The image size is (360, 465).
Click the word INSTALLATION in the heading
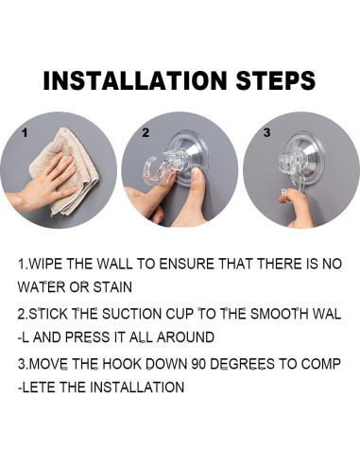click(135, 80)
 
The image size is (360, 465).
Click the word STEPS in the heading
click(276, 80)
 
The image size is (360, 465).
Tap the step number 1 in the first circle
click(25, 133)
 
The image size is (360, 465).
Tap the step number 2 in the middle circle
click(146, 133)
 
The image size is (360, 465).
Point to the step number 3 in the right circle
click(266, 132)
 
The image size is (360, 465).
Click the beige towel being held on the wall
click(63, 172)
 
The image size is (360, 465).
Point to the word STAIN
click(112, 287)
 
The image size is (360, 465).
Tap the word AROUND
click(185, 337)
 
